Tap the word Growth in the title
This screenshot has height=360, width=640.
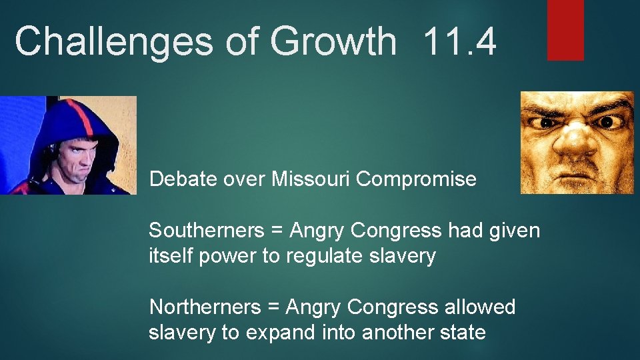pos(333,41)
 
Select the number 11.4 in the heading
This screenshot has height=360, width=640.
pos(459,41)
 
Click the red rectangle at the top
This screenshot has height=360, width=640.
pos(565,29)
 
